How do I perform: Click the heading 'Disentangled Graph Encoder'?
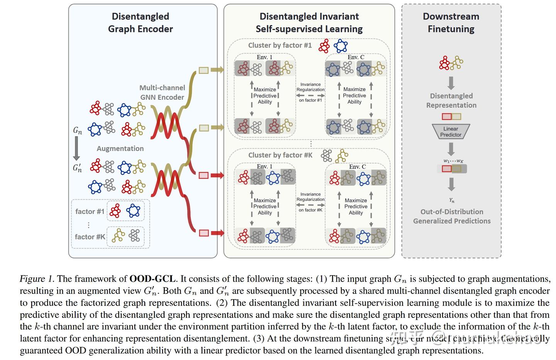coord(140,23)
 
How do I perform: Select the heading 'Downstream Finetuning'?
coord(451,23)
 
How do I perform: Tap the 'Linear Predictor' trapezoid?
coord(451,132)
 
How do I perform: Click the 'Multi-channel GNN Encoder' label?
coord(162,93)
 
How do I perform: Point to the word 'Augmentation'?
coord(120,149)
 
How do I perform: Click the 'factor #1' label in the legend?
coord(90,211)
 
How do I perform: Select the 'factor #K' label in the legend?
coord(90,237)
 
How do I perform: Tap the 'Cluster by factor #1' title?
coord(280,46)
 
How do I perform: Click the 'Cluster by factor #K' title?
coord(280,155)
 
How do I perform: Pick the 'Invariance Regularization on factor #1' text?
coord(310,92)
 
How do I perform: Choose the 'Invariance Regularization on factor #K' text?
coord(310,202)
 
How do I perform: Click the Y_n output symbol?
coord(451,200)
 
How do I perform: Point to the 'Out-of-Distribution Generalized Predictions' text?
coord(452,216)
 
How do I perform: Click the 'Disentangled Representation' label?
coord(451,100)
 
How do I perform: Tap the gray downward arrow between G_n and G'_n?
coord(76,149)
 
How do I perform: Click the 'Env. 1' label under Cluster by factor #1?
coord(264,57)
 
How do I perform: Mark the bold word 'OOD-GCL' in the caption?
coord(153,279)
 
